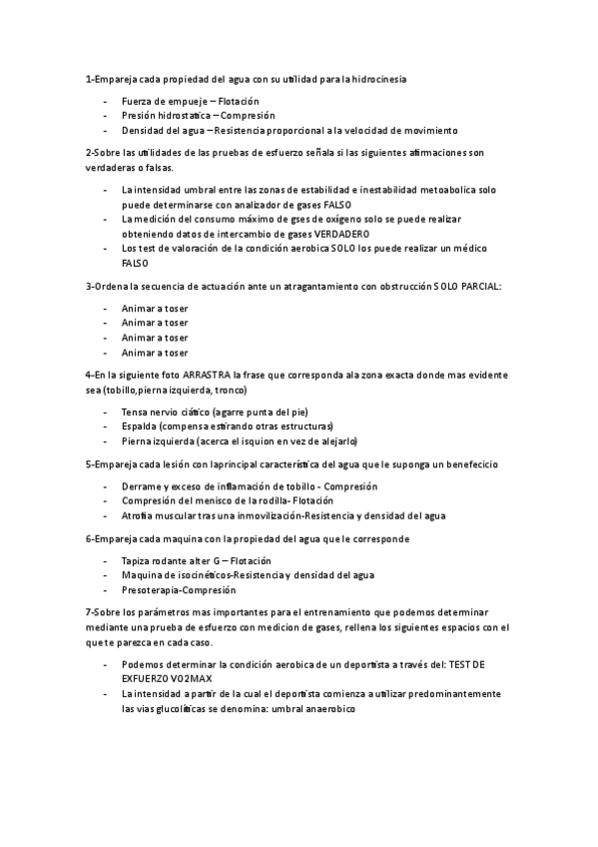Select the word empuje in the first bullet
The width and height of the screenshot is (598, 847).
tap(189, 102)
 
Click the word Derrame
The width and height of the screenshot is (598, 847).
tap(142, 485)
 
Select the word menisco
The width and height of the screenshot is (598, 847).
tap(221, 500)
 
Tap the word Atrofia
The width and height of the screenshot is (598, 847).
tap(139, 515)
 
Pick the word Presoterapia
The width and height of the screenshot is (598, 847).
tap(153, 589)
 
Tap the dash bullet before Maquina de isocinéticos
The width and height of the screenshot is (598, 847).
tap(105, 575)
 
